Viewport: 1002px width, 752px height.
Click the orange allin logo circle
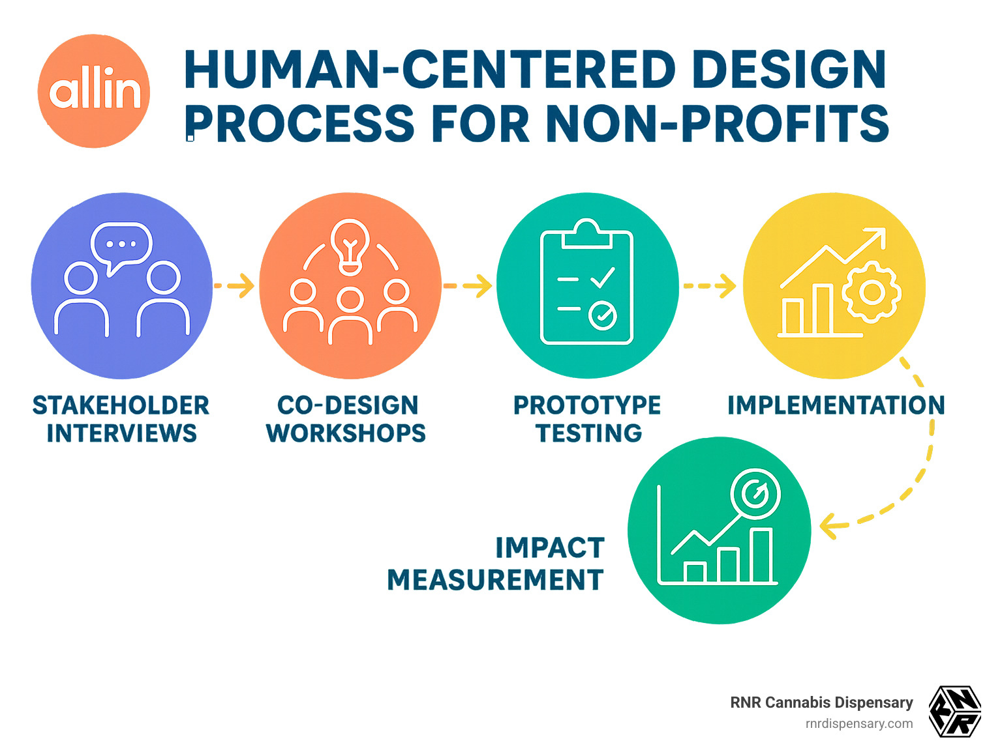(93, 91)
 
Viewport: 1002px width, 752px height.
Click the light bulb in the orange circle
(350, 247)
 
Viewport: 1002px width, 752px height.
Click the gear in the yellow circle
(872, 293)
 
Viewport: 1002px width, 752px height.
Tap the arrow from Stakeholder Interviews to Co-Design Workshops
(234, 286)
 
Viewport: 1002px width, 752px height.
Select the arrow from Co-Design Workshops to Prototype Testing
(468, 286)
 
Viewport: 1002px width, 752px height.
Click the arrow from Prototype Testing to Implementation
(709, 286)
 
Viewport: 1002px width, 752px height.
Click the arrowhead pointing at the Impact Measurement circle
(829, 527)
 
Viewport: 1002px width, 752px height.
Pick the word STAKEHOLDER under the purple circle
(121, 405)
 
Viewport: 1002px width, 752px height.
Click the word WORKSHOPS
(346, 433)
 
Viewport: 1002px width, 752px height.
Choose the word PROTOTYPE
(587, 405)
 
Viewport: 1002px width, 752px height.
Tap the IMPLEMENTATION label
(836, 405)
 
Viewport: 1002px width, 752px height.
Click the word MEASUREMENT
(495, 579)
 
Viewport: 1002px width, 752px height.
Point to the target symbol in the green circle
(755, 493)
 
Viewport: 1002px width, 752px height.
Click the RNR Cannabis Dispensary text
(821, 702)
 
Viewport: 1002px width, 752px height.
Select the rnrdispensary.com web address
(859, 724)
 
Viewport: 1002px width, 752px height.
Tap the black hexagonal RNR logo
(956, 712)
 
